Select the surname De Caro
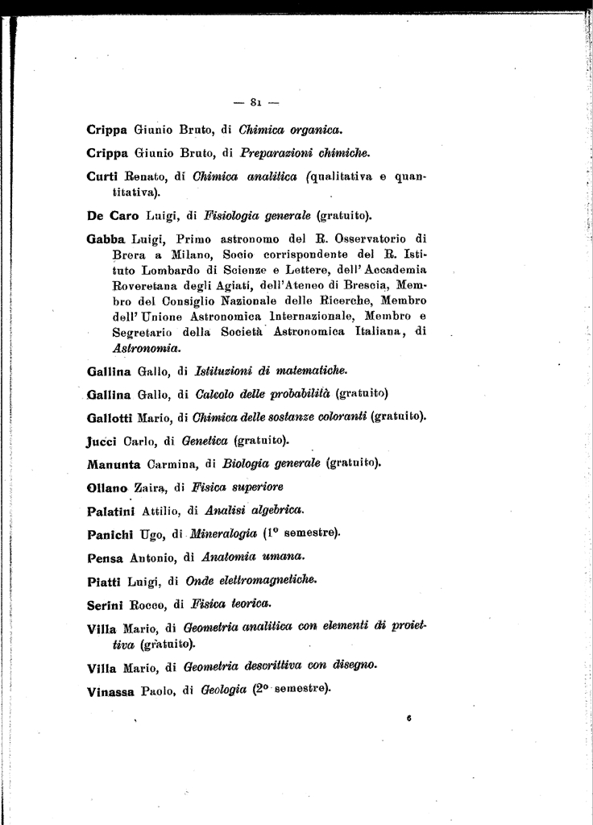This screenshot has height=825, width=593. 112,215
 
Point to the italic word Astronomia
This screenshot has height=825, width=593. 147,348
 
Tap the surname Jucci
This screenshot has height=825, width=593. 102,441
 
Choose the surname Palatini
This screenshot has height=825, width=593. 110,511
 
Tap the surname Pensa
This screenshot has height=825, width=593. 103,558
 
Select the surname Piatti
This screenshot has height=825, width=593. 103,580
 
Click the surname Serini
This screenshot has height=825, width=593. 104,603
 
